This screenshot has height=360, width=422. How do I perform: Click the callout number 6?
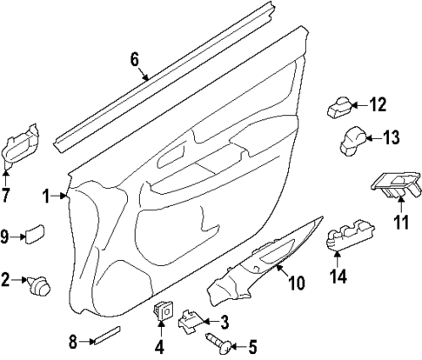(x=134, y=59)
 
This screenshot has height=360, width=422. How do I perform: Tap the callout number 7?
(x=6, y=195)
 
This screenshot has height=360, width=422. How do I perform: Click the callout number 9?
(x=5, y=236)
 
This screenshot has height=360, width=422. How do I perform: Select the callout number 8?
(x=73, y=341)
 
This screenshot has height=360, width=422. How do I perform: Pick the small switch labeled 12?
(x=339, y=109)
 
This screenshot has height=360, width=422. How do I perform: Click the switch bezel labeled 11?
(x=392, y=182)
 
